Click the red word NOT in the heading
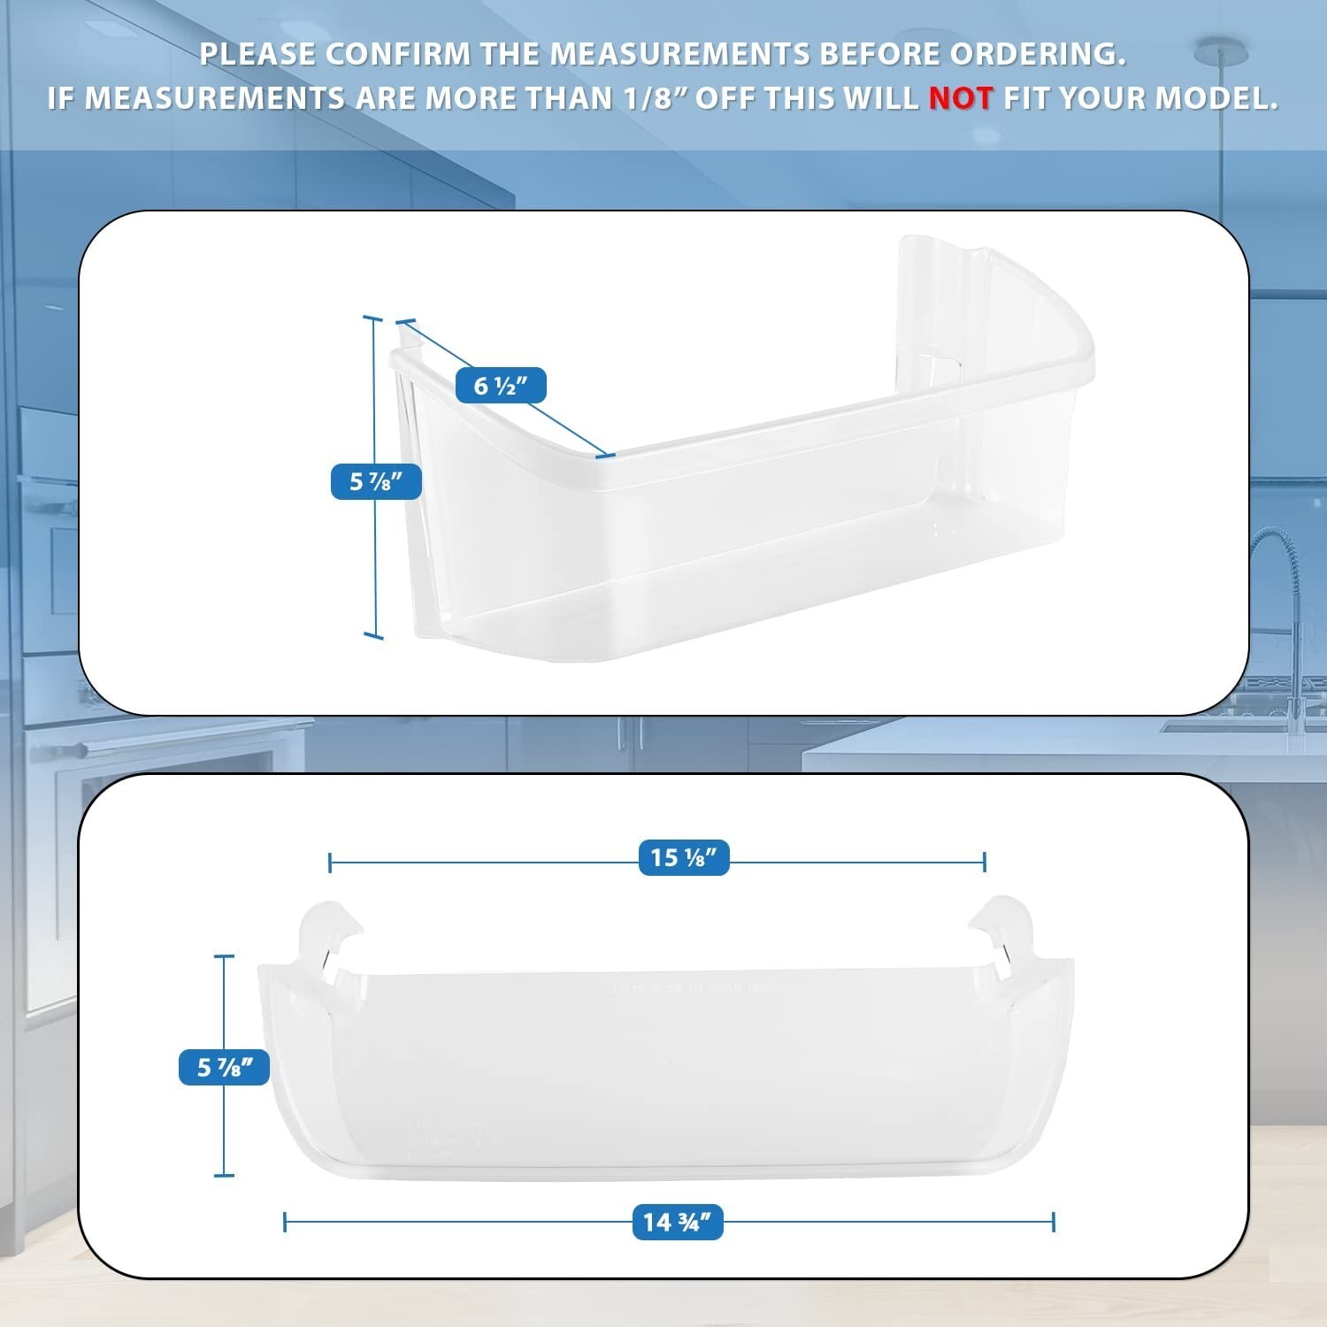click(x=961, y=98)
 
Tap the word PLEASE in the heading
click(x=257, y=54)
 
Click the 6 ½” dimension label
click(x=501, y=386)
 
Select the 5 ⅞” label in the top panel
click(x=376, y=481)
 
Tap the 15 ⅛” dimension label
click(x=684, y=857)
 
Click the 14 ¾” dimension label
click(x=678, y=1222)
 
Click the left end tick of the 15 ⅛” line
click(x=330, y=862)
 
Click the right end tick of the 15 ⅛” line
click(x=985, y=862)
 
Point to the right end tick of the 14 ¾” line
click(x=1053, y=1222)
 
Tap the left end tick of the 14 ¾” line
click(x=285, y=1222)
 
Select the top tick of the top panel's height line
click(x=372, y=318)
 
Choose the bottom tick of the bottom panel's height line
click(x=224, y=1175)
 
